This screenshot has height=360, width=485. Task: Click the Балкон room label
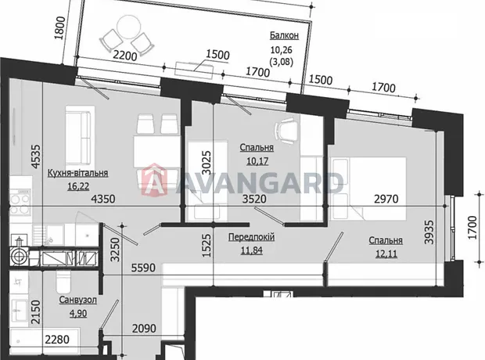(x=284, y=35)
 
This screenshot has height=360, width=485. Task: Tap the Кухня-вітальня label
(x=77, y=173)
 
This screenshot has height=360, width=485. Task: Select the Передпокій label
(x=251, y=237)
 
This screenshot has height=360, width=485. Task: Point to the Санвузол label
(x=77, y=300)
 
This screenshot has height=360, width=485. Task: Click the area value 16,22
(x=78, y=186)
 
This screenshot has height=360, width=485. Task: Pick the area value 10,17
(x=257, y=161)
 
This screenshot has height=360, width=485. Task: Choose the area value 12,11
(x=386, y=254)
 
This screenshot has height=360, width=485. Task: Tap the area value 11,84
(x=251, y=250)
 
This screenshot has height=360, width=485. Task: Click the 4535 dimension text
(x=36, y=157)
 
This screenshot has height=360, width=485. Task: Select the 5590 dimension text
(x=143, y=268)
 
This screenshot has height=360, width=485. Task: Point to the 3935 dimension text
(x=429, y=232)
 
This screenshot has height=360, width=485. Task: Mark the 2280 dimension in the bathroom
(x=57, y=340)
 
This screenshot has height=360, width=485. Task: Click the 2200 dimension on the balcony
(x=124, y=56)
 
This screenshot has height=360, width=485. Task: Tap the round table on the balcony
(x=127, y=27)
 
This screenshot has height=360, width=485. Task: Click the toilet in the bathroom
(x=64, y=281)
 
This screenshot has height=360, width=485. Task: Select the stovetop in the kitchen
(x=20, y=202)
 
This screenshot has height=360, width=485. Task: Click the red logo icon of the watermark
(x=154, y=180)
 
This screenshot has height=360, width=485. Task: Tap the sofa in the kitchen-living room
(x=80, y=135)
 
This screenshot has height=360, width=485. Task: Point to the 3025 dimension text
(x=207, y=163)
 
